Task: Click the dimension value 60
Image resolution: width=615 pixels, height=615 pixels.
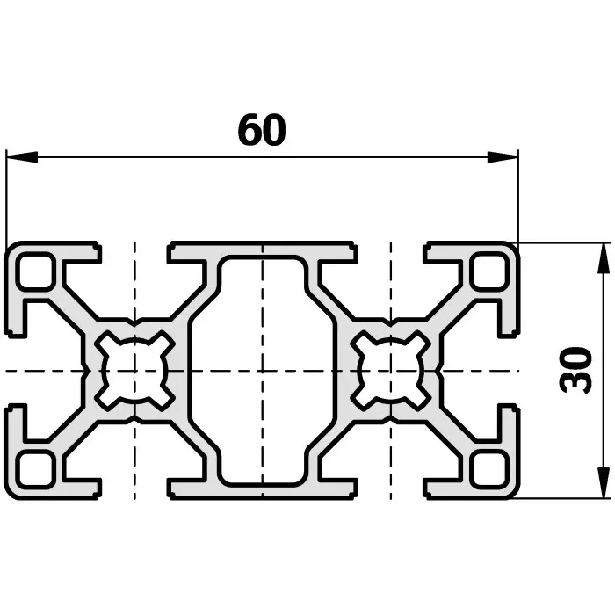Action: point(262,131)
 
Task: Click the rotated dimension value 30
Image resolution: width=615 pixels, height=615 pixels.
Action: point(575,370)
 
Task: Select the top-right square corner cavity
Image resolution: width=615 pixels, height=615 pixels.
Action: point(488,271)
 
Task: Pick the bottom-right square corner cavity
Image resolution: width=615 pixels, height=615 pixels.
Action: point(488,469)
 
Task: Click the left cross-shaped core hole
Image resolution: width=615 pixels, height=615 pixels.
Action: point(134,370)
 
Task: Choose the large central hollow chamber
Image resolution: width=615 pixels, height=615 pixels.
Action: point(262,370)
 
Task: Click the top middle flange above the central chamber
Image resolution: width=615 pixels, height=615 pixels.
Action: point(262,250)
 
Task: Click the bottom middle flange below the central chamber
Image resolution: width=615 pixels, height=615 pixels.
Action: point(262,489)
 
